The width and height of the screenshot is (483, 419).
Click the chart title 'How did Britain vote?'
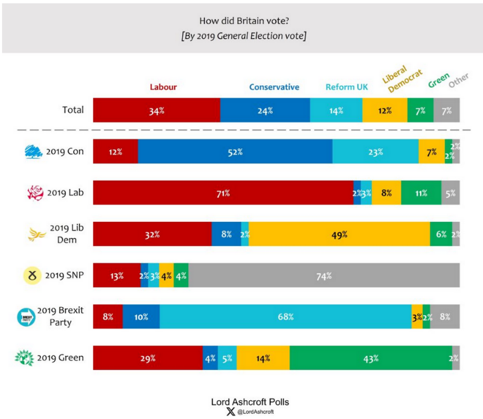point(242,20)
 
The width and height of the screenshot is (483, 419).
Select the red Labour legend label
point(163,87)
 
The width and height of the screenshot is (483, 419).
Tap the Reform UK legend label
point(346,87)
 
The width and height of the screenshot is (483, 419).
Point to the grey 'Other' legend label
point(458,81)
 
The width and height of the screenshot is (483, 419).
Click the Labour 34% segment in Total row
point(156,111)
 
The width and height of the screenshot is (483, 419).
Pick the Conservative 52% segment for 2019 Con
point(234,152)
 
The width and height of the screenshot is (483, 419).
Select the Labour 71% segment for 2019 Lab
point(223,194)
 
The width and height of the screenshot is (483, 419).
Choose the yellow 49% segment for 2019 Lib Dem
point(339,235)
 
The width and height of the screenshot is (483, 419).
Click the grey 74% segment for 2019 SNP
point(324,276)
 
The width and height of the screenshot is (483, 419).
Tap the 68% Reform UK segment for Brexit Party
point(285,316)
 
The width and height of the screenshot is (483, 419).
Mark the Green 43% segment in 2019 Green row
point(370,358)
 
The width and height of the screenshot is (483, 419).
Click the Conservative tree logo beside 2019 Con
point(33,152)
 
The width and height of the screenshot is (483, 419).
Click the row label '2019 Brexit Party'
point(60,316)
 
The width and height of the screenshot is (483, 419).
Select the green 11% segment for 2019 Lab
point(421,194)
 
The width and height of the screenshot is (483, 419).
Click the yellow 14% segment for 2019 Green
point(263,358)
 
